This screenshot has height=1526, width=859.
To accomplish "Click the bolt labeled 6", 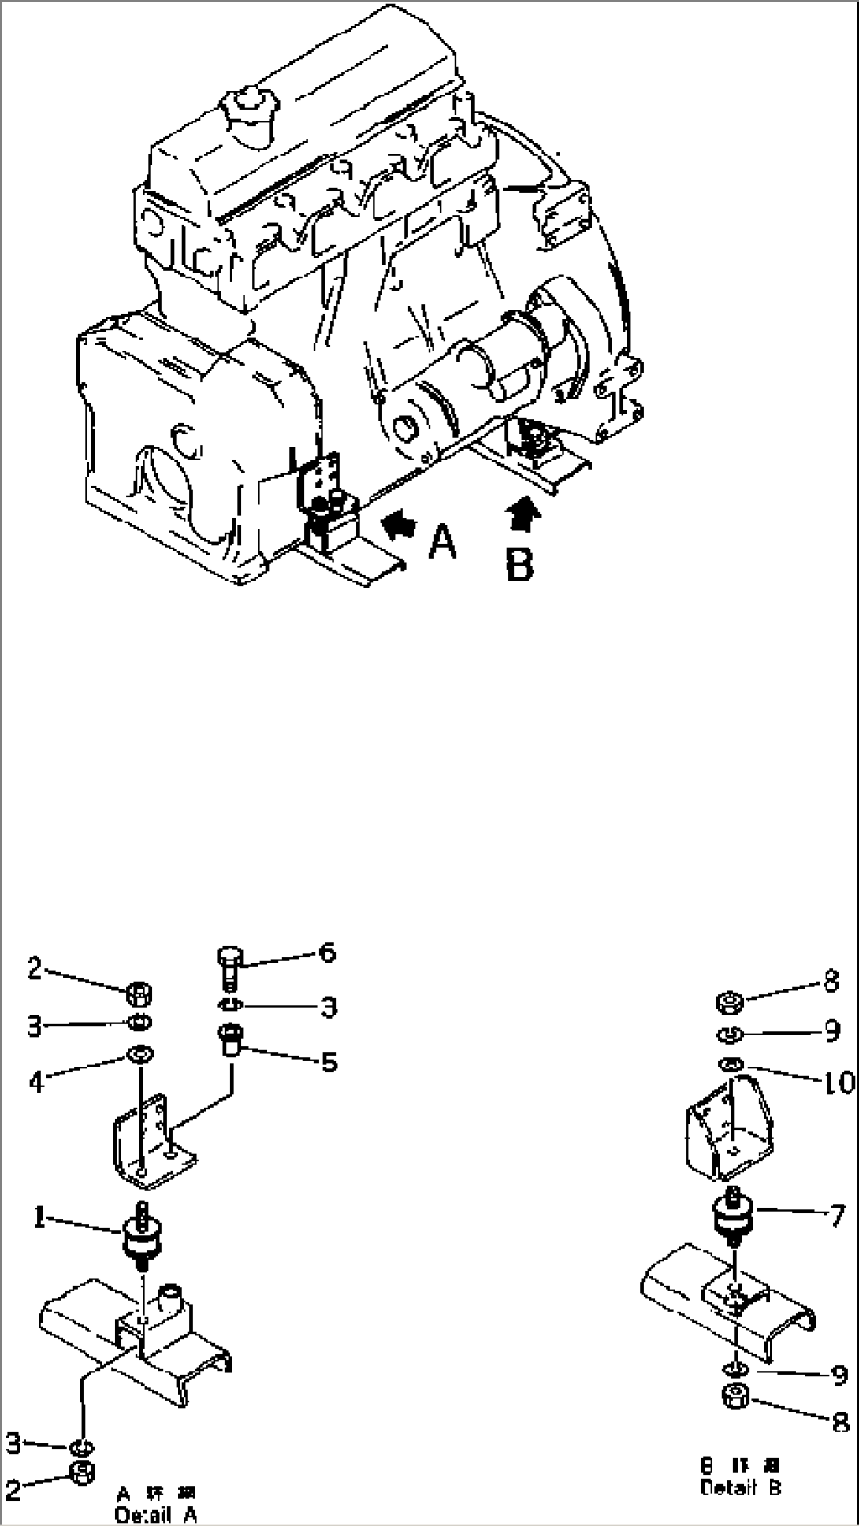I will [228, 966].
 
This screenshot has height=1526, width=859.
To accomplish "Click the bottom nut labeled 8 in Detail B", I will [734, 1416].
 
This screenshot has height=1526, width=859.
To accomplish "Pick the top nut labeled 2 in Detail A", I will [140, 994].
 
